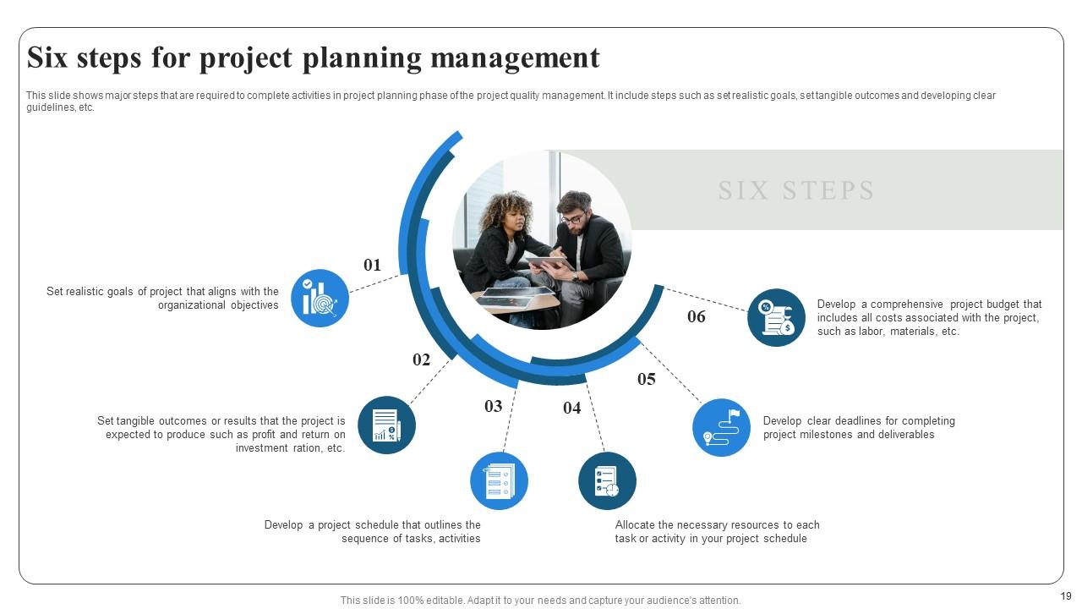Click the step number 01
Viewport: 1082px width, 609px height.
pyautogui.click(x=373, y=265)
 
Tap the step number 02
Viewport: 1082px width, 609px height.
pyautogui.click(x=422, y=359)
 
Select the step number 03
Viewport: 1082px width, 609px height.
pyautogui.click(x=494, y=406)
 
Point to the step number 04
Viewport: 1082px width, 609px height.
pyautogui.click(x=572, y=408)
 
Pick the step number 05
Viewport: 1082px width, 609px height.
pyautogui.click(x=647, y=379)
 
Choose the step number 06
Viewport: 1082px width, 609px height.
pyautogui.click(x=697, y=316)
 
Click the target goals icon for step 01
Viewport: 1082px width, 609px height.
pyautogui.click(x=320, y=299)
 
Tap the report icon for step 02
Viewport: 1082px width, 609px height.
pyautogui.click(x=386, y=425)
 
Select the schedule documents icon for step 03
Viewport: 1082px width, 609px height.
pyautogui.click(x=499, y=481)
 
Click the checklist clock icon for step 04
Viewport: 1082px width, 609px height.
pyautogui.click(x=607, y=481)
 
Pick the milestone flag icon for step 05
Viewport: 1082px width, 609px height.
pyautogui.click(x=721, y=427)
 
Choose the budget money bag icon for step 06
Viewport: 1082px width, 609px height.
pyautogui.click(x=777, y=317)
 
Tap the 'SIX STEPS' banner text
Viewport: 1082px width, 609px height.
pyautogui.click(x=796, y=190)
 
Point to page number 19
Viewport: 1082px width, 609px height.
pyautogui.click(x=1066, y=596)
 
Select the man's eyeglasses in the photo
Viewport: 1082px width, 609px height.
pyautogui.click(x=573, y=218)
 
